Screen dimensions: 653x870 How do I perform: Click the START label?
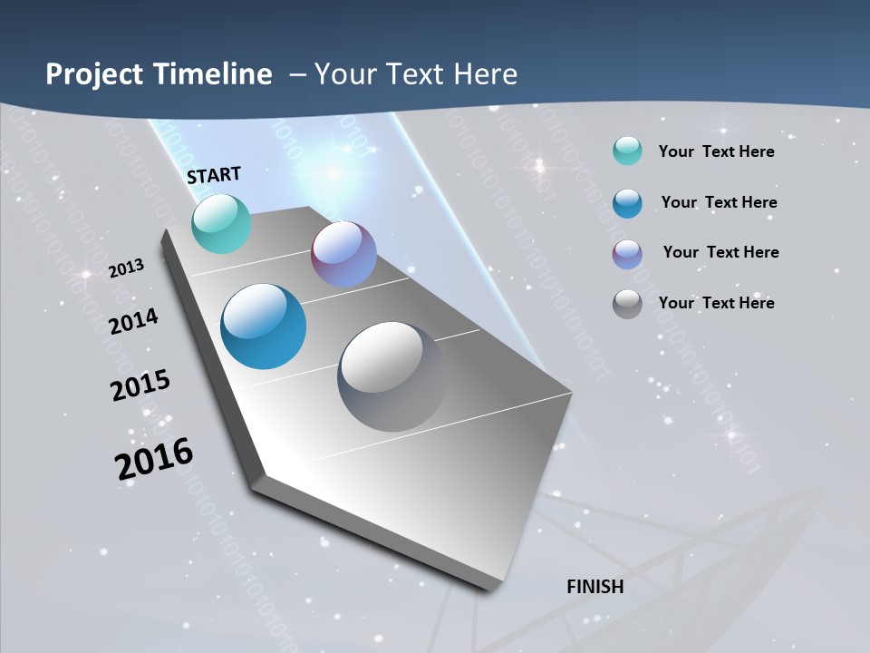point(214,175)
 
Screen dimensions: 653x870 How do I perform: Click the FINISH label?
point(595,587)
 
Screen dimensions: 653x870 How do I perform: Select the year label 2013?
point(126,268)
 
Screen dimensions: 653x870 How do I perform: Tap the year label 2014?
point(134,321)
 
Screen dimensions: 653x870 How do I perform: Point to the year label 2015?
point(140,385)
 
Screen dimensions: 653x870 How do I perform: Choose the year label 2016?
point(154,459)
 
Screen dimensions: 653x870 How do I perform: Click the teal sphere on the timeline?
point(221,223)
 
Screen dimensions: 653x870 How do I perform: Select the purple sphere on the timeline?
point(343,254)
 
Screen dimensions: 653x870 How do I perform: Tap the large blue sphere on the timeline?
point(264,326)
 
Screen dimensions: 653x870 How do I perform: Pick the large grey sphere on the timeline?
point(392,376)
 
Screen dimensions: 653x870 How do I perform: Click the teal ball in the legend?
point(627,151)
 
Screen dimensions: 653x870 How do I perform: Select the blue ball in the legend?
point(627,202)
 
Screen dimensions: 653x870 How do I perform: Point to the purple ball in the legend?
point(627,253)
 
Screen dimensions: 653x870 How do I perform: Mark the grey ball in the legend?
point(627,303)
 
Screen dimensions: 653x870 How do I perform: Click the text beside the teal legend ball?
point(716,151)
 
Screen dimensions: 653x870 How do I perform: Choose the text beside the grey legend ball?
point(716,303)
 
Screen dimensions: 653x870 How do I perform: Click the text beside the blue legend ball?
point(719,202)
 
